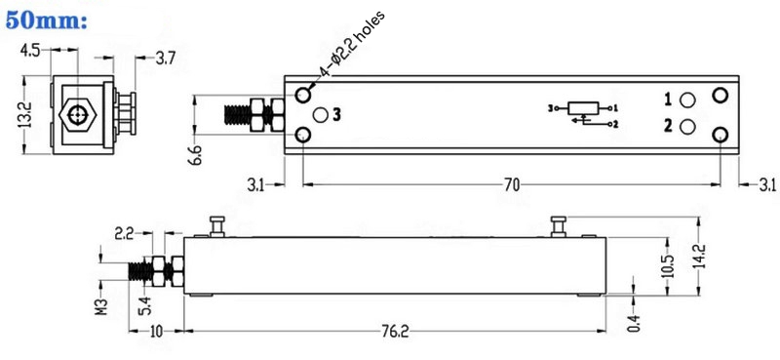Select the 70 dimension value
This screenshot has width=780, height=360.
pyautogui.click(x=513, y=182)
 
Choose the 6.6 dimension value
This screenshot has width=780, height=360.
pyautogui.click(x=196, y=154)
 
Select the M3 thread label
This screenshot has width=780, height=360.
pyautogui.click(x=101, y=311)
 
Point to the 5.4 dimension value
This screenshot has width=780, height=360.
pyautogui.click(x=143, y=303)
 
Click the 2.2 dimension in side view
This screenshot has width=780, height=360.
pyautogui.click(x=125, y=233)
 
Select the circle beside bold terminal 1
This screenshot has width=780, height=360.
pyautogui.click(x=688, y=100)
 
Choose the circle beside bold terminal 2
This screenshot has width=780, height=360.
pyautogui.click(x=688, y=126)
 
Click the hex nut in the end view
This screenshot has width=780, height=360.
pyautogui.click(x=77, y=114)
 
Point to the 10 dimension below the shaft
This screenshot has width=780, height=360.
pyautogui.click(x=156, y=333)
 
